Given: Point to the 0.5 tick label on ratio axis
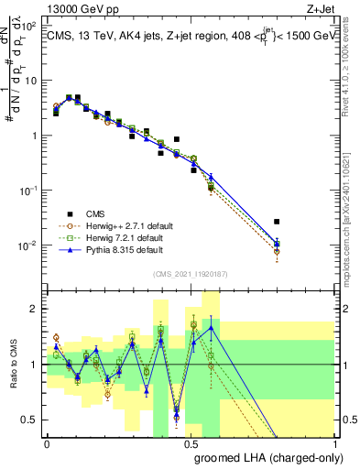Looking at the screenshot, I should pyautogui.click(x=28, y=420).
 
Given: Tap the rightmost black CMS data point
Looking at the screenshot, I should pyautogui.click(x=277, y=222).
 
